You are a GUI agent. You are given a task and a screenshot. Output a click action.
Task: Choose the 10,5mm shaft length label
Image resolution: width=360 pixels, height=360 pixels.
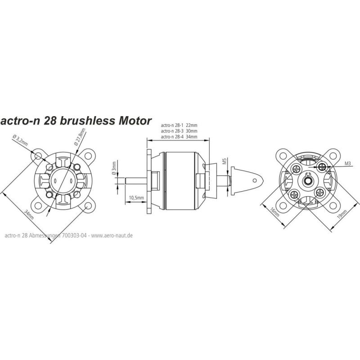pos(136,198)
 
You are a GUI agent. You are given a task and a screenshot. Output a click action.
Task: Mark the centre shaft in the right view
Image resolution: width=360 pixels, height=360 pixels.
pos(308,181)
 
